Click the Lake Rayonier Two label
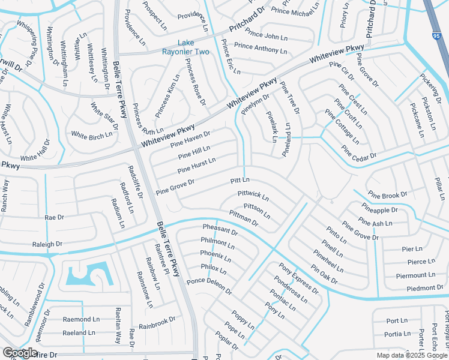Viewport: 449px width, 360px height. pyautogui.click(x=186, y=47)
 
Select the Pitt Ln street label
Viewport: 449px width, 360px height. pyautogui.click(x=240, y=181)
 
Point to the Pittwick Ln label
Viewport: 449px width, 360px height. pyautogui.click(x=253, y=196)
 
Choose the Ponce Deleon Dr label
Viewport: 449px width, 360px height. pyautogui.click(x=209, y=286)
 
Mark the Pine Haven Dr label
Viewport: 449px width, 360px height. pyautogui.click(x=190, y=139)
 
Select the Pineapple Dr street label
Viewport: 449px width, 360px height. pyautogui.click(x=379, y=210)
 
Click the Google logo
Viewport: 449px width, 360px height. pyautogui.click(x=20, y=353)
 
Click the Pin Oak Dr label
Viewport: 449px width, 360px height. pyautogui.click(x=324, y=274)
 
